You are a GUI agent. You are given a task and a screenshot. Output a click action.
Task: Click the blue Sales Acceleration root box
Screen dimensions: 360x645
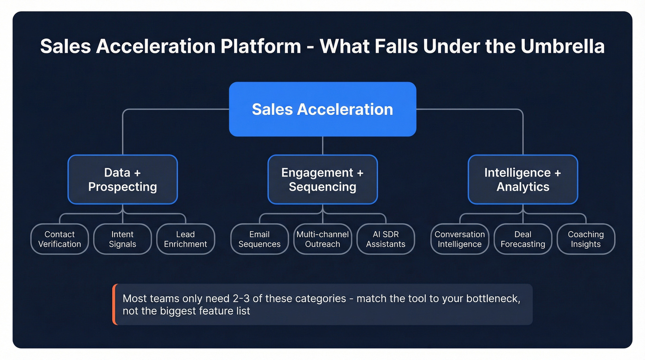click(322, 109)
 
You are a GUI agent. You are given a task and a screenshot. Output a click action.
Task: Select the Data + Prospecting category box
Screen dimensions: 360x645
click(123, 179)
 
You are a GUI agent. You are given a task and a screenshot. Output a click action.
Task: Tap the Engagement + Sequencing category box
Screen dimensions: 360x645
click(322, 179)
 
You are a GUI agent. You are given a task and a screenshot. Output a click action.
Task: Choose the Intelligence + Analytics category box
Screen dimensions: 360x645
click(523, 179)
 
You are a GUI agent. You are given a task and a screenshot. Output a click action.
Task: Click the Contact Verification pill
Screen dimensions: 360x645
click(59, 239)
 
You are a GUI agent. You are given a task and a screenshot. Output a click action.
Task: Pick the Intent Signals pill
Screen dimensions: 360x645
click(123, 239)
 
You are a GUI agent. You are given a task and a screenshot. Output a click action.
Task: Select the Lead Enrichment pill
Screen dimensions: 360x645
click(185, 239)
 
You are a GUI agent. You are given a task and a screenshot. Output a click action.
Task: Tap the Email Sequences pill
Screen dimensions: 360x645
click(259, 239)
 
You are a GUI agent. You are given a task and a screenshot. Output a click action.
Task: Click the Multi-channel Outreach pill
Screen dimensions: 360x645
click(322, 239)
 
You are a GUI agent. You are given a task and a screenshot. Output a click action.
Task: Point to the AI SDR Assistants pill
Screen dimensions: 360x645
click(386, 239)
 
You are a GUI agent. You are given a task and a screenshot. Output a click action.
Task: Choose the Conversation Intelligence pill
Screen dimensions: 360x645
click(460, 239)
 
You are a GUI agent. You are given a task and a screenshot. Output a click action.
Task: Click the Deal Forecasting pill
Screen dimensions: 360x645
click(523, 239)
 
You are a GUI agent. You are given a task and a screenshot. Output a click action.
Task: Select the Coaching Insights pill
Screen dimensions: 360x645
click(586, 239)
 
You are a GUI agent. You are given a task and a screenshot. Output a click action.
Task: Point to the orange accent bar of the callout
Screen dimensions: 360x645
click(114, 304)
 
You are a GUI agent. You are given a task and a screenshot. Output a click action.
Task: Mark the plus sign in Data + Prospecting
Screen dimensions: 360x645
click(136, 173)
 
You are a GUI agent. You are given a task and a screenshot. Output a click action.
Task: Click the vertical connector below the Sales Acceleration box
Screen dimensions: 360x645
click(322, 145)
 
